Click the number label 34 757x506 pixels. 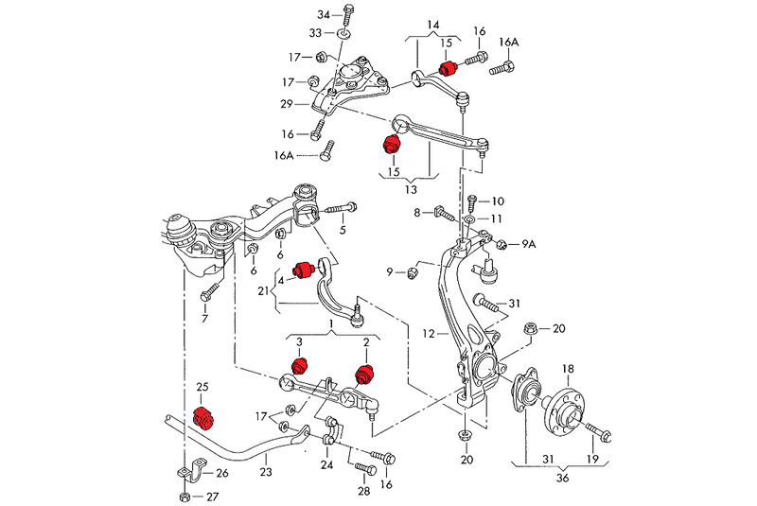[324, 15]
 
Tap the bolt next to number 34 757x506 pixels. [348, 14]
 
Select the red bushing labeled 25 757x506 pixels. [205, 416]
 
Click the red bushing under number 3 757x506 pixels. [299, 364]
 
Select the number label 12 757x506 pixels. [429, 333]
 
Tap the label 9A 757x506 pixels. [528, 244]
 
